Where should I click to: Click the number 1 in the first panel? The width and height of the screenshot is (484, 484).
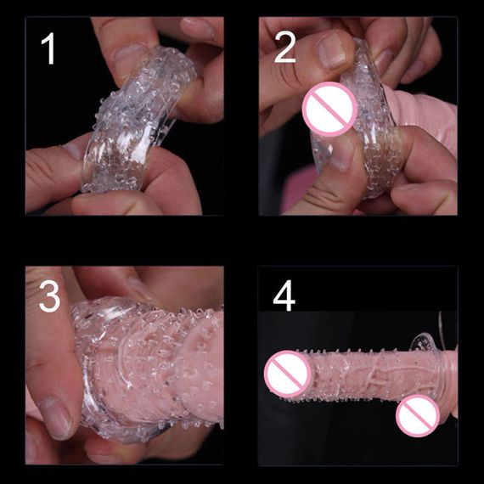[48, 48]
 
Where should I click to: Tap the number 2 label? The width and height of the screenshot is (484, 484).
[284, 48]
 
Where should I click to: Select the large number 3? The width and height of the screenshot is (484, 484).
[49, 296]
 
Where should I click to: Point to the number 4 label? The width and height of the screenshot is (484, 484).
[284, 295]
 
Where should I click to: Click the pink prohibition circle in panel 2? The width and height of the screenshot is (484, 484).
[329, 109]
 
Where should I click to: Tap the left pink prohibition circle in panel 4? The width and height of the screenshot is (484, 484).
[287, 374]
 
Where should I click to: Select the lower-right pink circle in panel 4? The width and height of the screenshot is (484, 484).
[418, 415]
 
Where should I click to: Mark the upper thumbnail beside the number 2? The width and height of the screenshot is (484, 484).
[332, 51]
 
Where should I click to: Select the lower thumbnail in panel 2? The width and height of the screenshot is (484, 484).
[343, 156]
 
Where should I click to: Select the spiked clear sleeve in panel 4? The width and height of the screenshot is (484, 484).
[370, 374]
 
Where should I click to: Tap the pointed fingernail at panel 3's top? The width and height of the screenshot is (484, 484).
[140, 289]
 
